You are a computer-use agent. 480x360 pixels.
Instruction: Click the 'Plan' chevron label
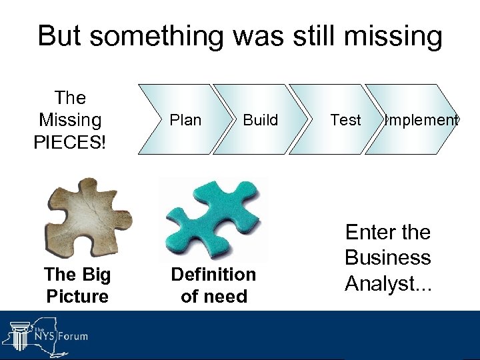point(185,120)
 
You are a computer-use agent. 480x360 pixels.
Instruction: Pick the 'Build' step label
point(260,120)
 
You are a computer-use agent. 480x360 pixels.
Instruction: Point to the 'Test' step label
point(345,120)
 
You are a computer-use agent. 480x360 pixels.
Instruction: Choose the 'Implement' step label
point(421,120)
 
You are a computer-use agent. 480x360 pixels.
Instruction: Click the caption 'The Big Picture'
point(77,285)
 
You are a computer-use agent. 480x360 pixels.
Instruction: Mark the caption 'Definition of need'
point(213,285)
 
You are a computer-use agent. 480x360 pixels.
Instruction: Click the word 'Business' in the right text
point(387,258)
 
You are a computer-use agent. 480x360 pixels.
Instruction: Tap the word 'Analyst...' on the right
point(388,283)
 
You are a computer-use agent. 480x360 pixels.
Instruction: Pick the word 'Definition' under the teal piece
point(213,274)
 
